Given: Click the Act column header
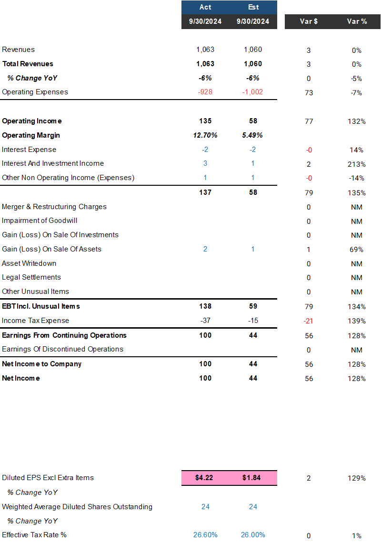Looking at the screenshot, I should pos(205,7).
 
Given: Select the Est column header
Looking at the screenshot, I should pos(253,7).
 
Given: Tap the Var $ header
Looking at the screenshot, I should pos(309,21).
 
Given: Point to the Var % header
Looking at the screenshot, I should pos(357,21).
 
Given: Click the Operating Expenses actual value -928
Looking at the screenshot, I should pos(205,92).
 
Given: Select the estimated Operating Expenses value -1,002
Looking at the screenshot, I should pos(253,92).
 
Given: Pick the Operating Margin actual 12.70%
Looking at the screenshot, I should pos(205,135).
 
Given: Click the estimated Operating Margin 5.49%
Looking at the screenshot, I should pos(253,135).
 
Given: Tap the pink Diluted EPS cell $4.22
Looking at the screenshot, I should pos(205,478).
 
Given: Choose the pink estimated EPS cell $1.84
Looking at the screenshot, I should pos(253,478).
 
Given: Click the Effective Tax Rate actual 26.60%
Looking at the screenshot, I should pos(205,535).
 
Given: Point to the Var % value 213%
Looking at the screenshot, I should pos(357,164).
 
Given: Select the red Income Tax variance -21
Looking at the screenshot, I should pos(309,321).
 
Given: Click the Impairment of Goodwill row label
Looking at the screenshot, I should pos(40,221).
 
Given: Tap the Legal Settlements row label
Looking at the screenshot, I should pos(31,277).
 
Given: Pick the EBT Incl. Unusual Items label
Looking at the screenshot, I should pos(41,306).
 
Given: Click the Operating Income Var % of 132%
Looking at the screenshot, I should pos(357,121).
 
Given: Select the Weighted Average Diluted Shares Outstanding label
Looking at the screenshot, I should pos(77,506).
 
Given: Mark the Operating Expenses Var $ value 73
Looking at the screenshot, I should pos(309,93).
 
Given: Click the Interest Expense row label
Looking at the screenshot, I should pos(29,150).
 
